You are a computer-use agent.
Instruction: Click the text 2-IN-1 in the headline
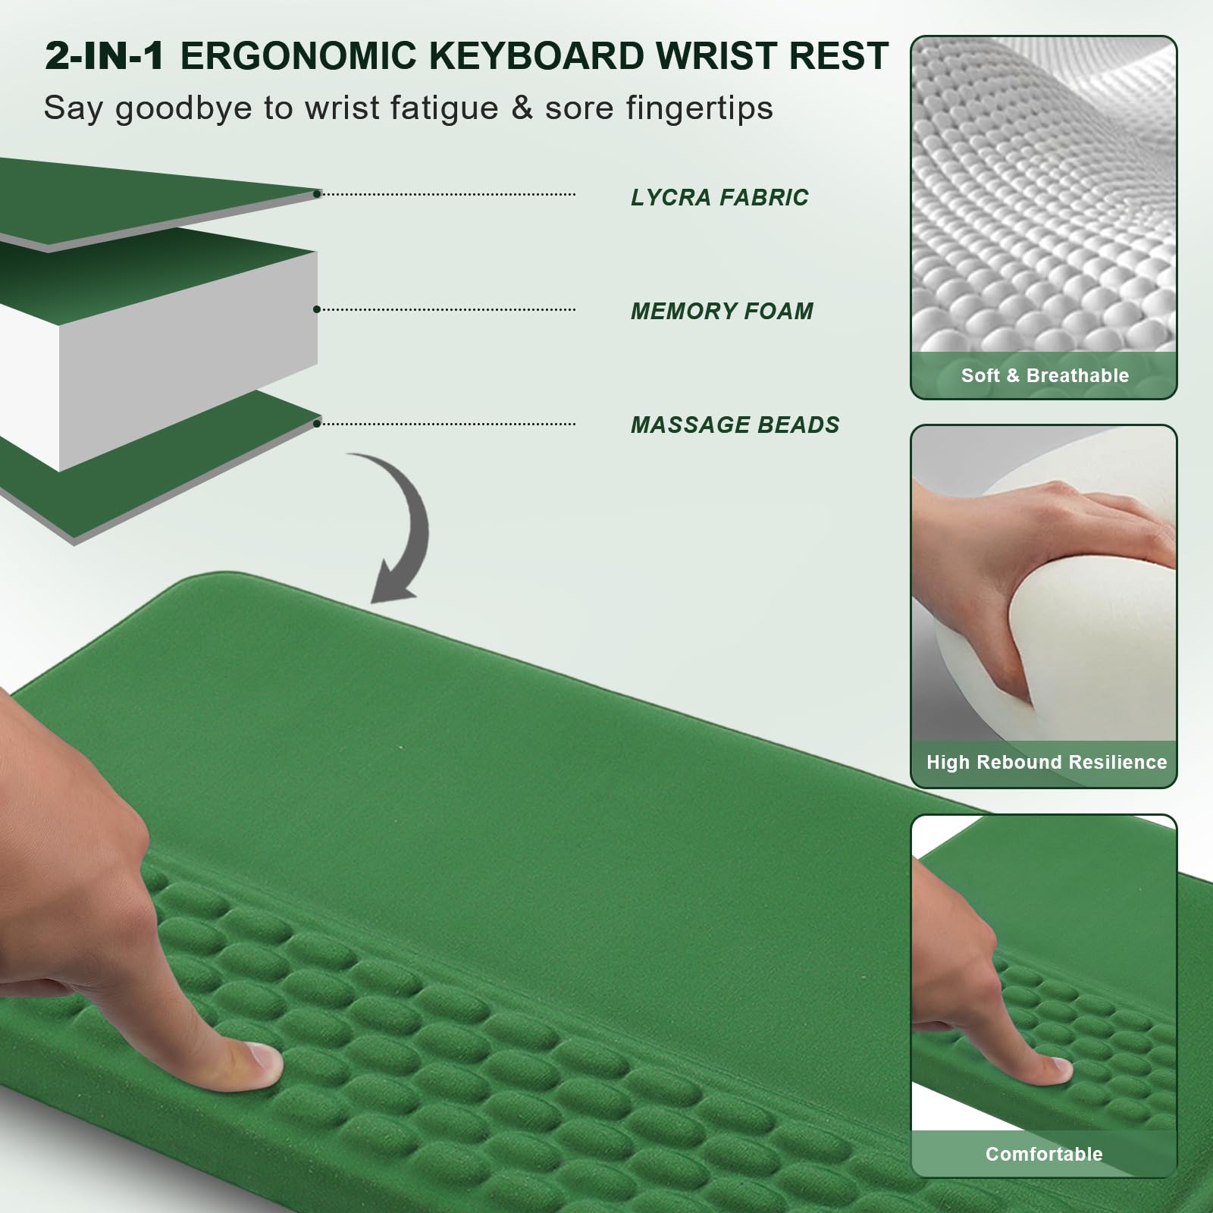click(x=105, y=56)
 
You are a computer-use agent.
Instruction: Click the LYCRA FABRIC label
click(x=719, y=197)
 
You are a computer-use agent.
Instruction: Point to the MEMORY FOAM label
click(x=722, y=311)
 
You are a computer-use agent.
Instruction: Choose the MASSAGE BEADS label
click(x=735, y=425)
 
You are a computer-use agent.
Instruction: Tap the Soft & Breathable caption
click(x=1045, y=375)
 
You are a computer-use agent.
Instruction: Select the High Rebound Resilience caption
click(x=1046, y=762)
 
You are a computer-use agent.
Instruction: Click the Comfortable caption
click(x=1044, y=1154)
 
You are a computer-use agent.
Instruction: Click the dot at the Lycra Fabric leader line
click(x=317, y=194)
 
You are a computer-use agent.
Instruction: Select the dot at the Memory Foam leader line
click(x=317, y=309)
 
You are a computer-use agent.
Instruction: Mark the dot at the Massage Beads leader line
click(x=317, y=423)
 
